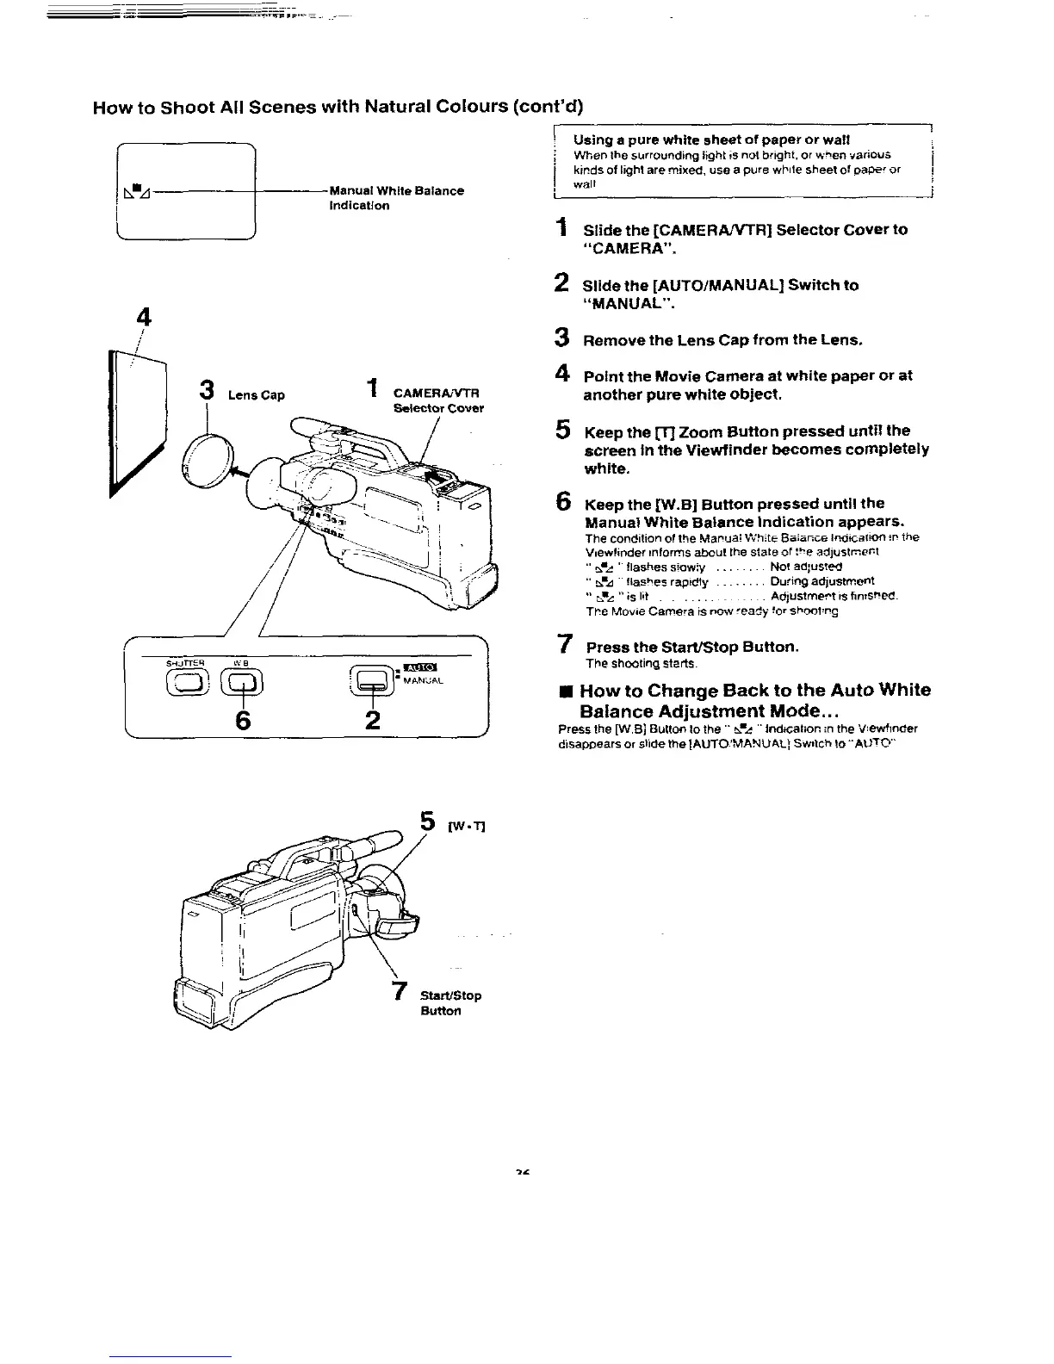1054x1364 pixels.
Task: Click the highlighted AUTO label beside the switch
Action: click(422, 666)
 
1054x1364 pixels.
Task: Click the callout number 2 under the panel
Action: click(372, 720)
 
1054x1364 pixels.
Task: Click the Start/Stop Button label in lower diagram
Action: click(450, 1003)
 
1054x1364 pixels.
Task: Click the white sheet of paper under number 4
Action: click(137, 422)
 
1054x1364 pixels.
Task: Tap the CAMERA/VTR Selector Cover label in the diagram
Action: click(437, 400)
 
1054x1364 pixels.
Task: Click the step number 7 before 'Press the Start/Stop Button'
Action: click(564, 643)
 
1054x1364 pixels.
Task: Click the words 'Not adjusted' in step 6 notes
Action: click(806, 567)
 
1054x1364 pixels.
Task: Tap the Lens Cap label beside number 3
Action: click(256, 395)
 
